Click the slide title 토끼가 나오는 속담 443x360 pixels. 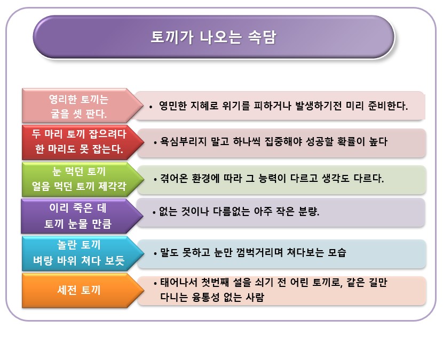click(213, 37)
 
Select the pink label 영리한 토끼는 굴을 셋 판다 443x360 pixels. click(78, 106)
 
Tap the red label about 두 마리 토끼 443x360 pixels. click(78, 142)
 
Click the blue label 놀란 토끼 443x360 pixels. click(78, 252)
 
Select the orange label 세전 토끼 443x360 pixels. click(78, 290)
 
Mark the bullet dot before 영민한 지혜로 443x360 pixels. click(151, 107)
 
